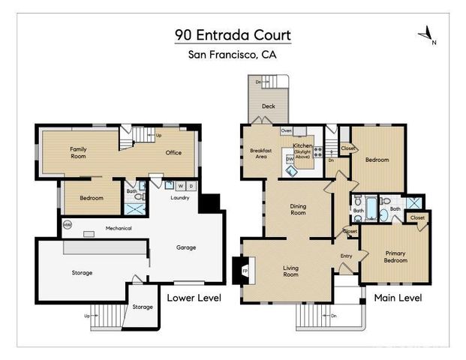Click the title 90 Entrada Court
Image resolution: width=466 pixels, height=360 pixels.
233,35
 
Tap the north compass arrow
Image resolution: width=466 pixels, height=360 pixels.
425,33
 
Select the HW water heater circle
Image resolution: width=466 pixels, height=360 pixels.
68,224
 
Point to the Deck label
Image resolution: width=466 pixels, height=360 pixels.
268,106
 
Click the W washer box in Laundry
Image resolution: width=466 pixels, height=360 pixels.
180,185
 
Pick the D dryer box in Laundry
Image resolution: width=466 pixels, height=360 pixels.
191,185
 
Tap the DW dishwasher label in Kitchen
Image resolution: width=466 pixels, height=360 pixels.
290,159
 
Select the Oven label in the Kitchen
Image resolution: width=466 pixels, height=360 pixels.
286,130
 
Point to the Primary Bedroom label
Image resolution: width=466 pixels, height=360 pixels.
395,257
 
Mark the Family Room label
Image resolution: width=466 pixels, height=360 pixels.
79,153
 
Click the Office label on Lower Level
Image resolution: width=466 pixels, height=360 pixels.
173,153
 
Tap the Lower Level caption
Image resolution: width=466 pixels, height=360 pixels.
194,298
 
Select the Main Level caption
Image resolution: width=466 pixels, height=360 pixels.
398,298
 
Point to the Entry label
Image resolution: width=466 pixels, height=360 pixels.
346,256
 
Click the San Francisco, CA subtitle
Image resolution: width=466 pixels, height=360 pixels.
233,55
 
